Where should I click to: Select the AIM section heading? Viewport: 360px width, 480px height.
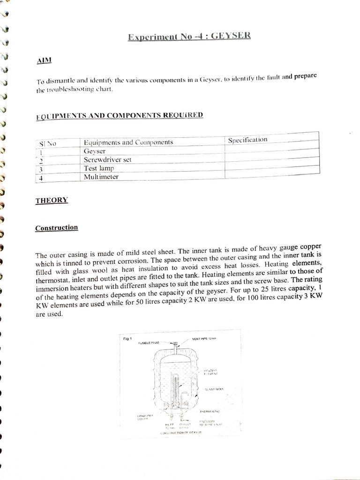44,60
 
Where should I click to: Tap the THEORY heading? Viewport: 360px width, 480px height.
52,201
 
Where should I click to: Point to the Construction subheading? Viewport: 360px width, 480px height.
57,228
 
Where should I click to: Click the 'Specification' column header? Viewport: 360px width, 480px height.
247,140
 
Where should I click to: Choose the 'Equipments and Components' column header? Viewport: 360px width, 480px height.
128,142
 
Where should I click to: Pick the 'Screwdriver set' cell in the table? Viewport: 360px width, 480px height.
107,159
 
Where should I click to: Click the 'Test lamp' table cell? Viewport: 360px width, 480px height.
99,168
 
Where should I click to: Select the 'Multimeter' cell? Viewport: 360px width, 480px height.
101,177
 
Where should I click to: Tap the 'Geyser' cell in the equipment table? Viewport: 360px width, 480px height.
95,151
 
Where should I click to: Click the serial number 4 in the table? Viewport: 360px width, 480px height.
41,178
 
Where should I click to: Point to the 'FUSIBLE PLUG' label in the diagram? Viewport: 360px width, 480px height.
149,343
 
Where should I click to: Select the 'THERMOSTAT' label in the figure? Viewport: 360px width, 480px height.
210,412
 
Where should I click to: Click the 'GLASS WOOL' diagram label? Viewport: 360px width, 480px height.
214,389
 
